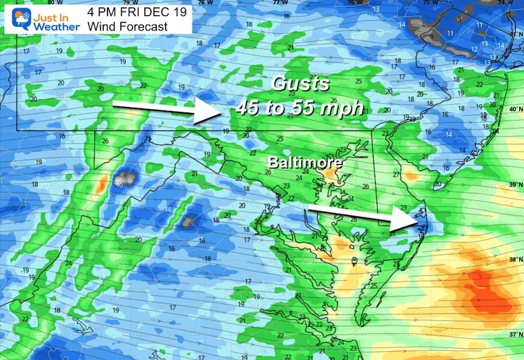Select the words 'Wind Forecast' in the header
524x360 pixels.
(128, 26)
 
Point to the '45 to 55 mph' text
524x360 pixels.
(299, 107)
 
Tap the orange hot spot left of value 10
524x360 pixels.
(101, 185)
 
